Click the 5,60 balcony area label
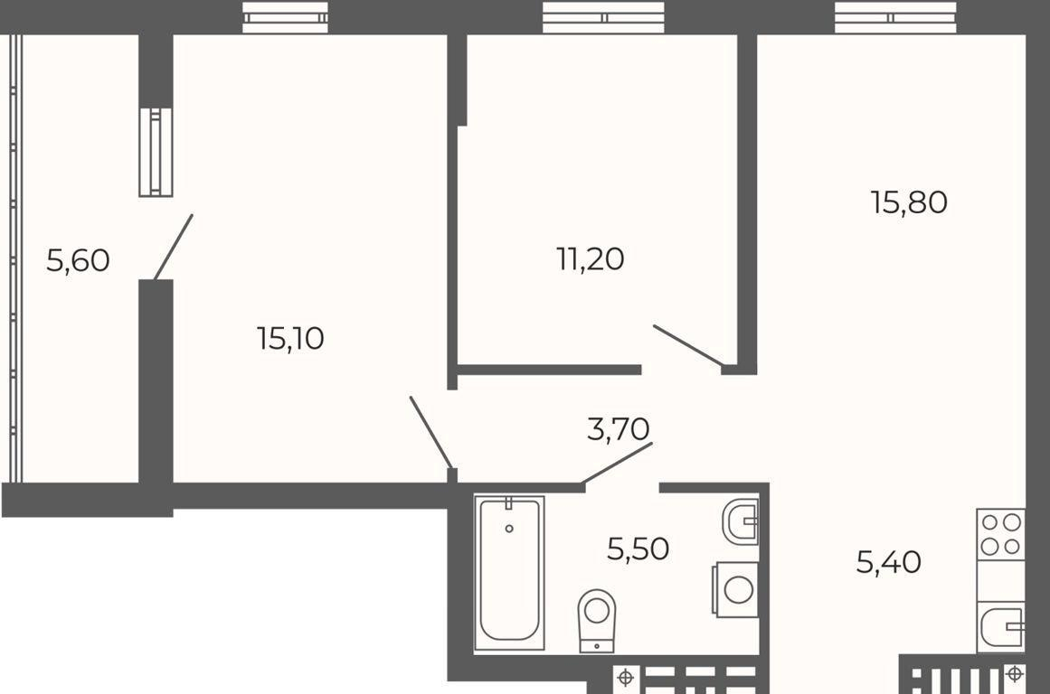point(78,260)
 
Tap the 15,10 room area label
point(290,338)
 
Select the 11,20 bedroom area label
point(590,259)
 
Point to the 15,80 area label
point(909,202)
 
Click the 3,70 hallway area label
point(618,429)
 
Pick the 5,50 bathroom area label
point(638,549)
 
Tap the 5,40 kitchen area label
point(889,562)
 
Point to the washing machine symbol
point(735,589)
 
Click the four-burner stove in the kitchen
point(1000,534)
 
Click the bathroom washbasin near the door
point(741,520)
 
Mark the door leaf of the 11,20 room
point(687,346)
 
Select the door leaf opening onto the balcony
point(174,247)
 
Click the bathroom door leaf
point(617,462)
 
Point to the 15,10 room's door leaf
point(430,432)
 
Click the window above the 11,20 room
point(603,17)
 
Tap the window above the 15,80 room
point(895,17)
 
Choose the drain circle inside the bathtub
point(509,529)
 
